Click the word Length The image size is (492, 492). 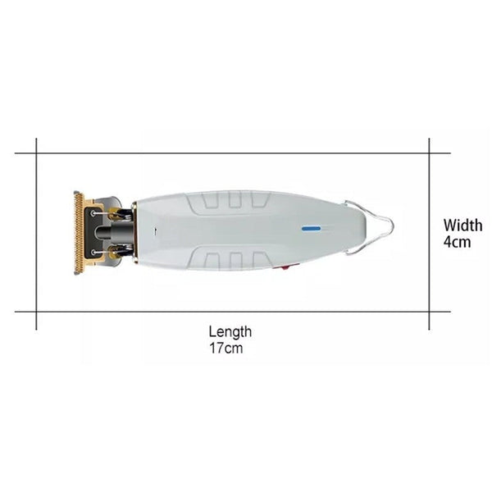tap(230, 331)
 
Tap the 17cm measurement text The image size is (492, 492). tap(226, 348)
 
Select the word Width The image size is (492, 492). tap(462, 225)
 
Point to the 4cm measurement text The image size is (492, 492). tap(458, 242)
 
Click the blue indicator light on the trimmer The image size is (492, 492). tap(311, 229)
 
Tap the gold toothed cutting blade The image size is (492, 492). tap(79, 233)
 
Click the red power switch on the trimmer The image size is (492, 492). tap(286, 267)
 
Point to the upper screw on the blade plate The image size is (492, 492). tap(93, 213)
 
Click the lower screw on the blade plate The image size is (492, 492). tap(93, 252)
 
